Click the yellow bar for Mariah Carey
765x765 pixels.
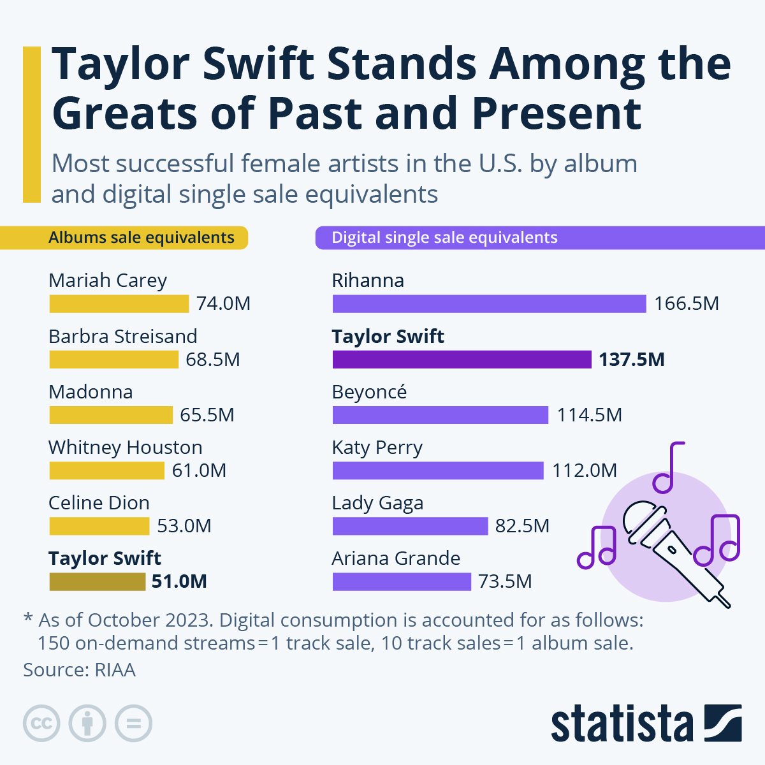tap(119, 303)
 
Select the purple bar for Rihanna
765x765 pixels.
tap(489, 303)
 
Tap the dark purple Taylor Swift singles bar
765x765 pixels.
tap(462, 360)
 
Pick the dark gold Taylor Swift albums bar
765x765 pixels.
tap(98, 581)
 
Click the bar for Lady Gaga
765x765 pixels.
tap(410, 526)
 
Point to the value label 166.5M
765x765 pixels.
tap(686, 303)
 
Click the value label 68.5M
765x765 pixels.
tap(213, 360)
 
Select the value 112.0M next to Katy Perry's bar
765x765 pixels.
tap(584, 470)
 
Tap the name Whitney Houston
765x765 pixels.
tap(126, 448)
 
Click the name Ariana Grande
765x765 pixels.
tap(396, 558)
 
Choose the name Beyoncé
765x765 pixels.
tap(369, 392)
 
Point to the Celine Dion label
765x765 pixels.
tap(99, 503)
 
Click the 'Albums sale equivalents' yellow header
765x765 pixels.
tap(142, 238)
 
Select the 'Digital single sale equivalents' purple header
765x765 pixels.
tap(444, 238)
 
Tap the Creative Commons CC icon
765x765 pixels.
tap(41, 724)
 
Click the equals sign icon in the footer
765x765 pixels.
tap(133, 724)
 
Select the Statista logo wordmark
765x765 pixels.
tap(622, 724)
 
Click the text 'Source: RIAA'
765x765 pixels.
tap(79, 670)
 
